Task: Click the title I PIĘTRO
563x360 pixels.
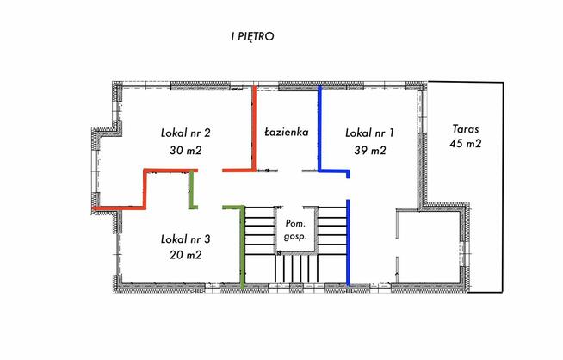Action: [252, 37]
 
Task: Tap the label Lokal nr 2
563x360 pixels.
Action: [186, 133]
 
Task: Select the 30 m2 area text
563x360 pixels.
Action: [186, 150]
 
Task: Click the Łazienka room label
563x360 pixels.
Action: [286, 132]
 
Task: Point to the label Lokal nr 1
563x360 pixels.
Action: [369, 133]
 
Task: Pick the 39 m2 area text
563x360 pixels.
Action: [370, 150]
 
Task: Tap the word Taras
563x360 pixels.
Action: [466, 128]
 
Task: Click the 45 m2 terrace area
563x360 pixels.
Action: [466, 144]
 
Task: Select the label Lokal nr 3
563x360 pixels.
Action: [186, 239]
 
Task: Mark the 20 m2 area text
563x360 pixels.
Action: [186, 255]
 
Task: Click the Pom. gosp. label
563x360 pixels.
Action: [295, 230]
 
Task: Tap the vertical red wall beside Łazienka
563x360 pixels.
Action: [254, 128]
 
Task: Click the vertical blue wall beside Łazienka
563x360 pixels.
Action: [320, 128]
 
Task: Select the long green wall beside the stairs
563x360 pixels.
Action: [243, 247]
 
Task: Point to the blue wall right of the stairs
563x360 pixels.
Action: [348, 243]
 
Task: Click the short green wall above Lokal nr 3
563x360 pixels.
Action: [191, 189]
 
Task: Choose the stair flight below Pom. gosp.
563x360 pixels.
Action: [297, 269]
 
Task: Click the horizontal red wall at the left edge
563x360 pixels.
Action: [119, 208]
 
